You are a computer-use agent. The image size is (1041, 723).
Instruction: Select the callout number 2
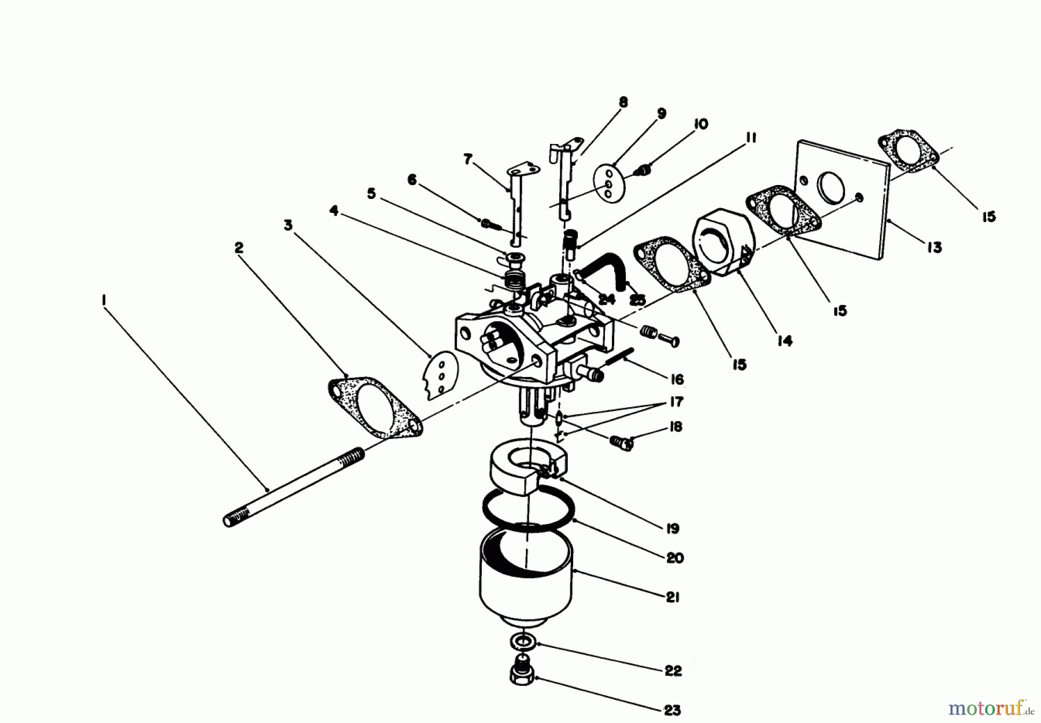[239, 248]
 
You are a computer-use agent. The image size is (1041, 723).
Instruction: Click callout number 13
[934, 248]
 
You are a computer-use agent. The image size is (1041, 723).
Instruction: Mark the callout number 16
[676, 379]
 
